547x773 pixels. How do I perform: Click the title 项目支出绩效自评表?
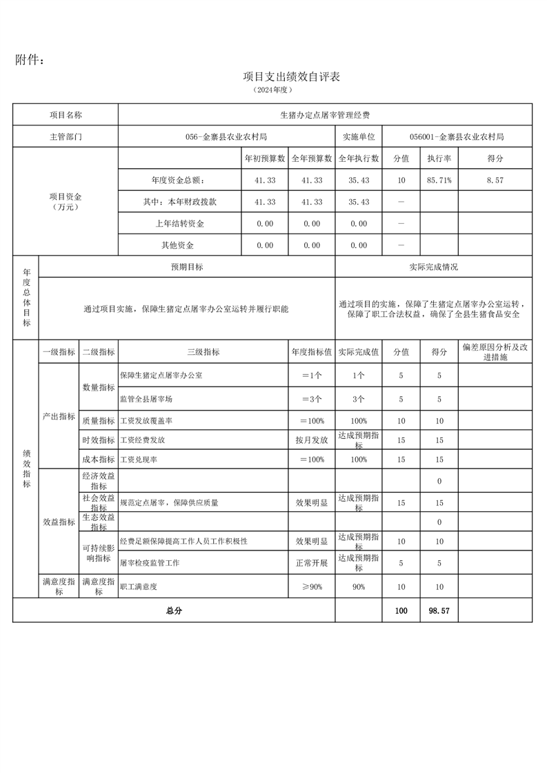click(292, 76)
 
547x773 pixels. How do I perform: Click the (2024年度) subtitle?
click(273, 90)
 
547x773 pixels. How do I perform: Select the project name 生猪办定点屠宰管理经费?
click(325, 115)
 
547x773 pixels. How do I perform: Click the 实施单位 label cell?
click(358, 137)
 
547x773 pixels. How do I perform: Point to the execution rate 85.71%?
click(439, 180)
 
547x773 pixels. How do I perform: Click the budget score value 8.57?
click(495, 180)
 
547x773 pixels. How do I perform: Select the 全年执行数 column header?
click(358, 158)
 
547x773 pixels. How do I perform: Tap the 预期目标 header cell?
click(187, 267)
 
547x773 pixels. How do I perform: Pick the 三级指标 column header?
click(203, 352)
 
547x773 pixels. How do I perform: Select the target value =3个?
click(311, 399)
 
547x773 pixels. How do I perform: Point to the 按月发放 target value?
click(311, 440)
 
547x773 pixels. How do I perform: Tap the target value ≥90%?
click(311, 586)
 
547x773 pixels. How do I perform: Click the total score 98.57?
click(439, 610)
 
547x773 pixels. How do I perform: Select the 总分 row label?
click(173, 610)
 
